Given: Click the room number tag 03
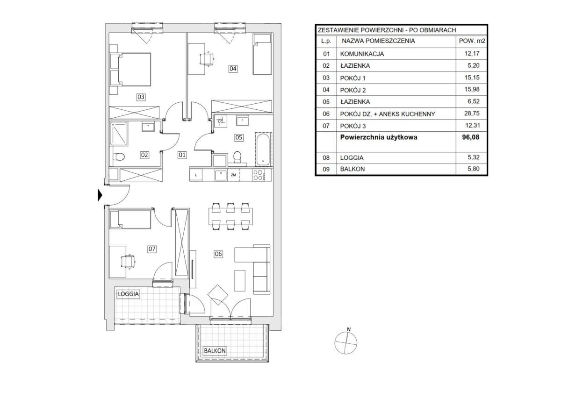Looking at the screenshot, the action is click(x=141, y=97).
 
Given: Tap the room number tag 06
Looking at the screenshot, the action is click(x=218, y=254).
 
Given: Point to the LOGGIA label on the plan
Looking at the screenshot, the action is click(x=128, y=294).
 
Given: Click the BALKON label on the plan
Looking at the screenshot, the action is click(x=215, y=350).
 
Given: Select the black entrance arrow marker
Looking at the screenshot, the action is click(x=100, y=195).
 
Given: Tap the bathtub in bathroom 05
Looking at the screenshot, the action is click(x=263, y=149).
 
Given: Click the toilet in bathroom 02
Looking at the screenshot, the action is click(x=118, y=157).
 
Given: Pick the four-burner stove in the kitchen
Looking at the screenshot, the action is click(x=258, y=175).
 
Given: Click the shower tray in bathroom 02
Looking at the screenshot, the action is click(x=119, y=134).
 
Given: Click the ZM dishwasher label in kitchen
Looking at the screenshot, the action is click(x=233, y=175).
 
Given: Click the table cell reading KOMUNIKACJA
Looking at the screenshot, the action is click(x=362, y=54).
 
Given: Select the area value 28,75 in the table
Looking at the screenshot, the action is click(x=472, y=114).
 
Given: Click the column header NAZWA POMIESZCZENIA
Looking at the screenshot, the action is click(x=378, y=41).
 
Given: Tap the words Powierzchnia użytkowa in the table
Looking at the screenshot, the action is click(x=379, y=137).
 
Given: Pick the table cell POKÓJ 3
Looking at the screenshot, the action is click(x=352, y=126).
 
